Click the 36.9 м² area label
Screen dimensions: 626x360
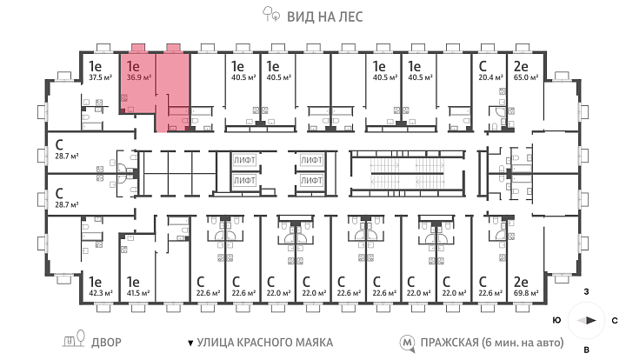tap(138, 77)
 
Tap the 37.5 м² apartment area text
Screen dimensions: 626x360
tap(100, 77)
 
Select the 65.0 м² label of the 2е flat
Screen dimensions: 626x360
tap(526, 77)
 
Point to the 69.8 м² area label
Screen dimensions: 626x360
tap(526, 293)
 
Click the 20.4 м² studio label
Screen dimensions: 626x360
tap(490, 77)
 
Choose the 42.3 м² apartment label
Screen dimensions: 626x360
tap(101, 293)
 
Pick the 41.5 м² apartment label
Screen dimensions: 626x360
tap(138, 293)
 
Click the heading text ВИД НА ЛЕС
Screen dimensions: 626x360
tap(325, 17)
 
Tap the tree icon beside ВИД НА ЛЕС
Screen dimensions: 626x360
tap(271, 14)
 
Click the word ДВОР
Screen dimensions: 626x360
tap(106, 343)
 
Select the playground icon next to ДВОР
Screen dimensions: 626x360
tap(74, 339)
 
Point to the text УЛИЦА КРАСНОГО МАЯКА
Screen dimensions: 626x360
tap(265, 343)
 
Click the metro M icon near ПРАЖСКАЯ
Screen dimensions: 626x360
tap(408, 343)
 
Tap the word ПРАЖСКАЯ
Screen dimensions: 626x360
tap(450, 343)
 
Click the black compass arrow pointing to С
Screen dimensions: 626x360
tap(592, 321)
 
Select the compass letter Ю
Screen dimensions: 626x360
tap(557, 321)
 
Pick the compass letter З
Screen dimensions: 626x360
tap(587, 292)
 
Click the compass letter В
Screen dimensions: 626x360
tap(587, 350)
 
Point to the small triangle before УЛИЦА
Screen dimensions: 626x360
tap(190, 343)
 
